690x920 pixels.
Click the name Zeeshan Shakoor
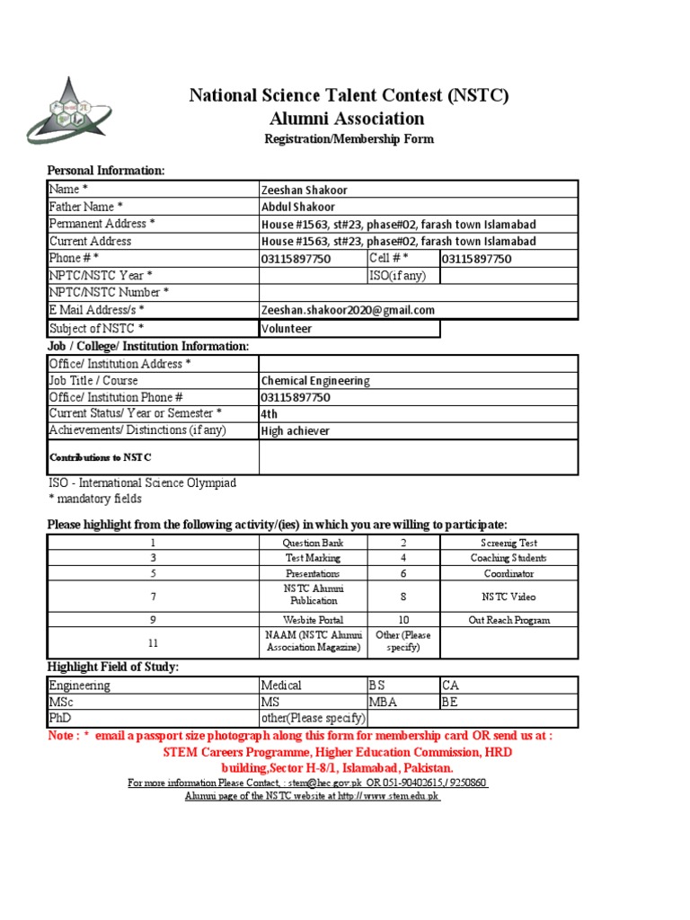click(x=304, y=190)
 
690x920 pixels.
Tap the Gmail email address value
click(x=348, y=310)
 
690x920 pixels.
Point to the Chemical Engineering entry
click(x=314, y=381)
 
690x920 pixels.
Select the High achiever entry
click(x=295, y=431)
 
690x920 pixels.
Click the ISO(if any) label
click(x=397, y=276)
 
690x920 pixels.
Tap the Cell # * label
click(x=389, y=259)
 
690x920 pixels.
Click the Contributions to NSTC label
click(x=100, y=457)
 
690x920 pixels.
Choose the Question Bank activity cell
click(x=313, y=543)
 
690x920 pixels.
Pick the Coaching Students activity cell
click(x=509, y=558)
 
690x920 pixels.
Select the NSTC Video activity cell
click(x=509, y=596)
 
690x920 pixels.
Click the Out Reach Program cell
click(x=509, y=620)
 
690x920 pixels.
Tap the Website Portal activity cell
click(x=313, y=620)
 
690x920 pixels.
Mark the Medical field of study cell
click(x=281, y=686)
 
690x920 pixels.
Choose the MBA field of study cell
click(x=385, y=702)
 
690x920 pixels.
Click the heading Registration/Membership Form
click(x=349, y=139)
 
